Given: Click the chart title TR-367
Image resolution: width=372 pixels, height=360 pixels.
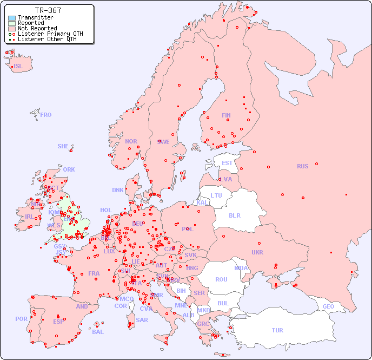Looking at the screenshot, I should [x=48, y=10].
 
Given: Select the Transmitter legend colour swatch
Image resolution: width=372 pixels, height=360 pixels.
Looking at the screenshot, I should [x=12, y=18].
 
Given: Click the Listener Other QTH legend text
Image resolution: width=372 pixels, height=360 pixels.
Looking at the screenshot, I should [x=50, y=39].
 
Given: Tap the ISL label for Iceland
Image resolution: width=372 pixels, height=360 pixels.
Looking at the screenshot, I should [x=18, y=67].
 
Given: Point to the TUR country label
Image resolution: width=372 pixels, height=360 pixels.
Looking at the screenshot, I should [x=277, y=330].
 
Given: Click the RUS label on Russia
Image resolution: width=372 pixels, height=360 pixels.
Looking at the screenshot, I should [x=302, y=166].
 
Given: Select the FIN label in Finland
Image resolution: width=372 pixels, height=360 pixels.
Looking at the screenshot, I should [x=226, y=115].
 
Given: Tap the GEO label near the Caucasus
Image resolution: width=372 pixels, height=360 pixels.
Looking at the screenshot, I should [x=328, y=307].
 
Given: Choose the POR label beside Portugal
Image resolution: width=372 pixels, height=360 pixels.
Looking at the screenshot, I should [x=21, y=319].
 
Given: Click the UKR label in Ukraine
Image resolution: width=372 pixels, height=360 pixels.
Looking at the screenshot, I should [x=257, y=252].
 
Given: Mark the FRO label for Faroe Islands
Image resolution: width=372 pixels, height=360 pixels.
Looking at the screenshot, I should [x=46, y=115].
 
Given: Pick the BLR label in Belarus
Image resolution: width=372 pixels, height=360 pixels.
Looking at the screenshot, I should [x=235, y=215].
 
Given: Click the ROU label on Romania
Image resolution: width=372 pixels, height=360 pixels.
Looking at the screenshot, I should [x=221, y=279].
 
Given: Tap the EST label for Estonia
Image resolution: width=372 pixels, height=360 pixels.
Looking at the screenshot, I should [x=227, y=163].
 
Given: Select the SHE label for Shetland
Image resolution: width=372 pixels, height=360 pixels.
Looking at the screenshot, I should [x=63, y=146].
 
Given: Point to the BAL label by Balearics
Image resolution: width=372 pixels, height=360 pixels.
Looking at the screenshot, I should [x=97, y=332].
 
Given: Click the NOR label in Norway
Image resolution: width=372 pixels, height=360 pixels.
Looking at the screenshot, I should [x=131, y=141].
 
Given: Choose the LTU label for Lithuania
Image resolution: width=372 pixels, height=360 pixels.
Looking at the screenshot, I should [x=216, y=195].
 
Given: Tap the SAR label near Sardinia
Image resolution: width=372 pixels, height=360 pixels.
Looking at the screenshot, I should [x=142, y=320].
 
